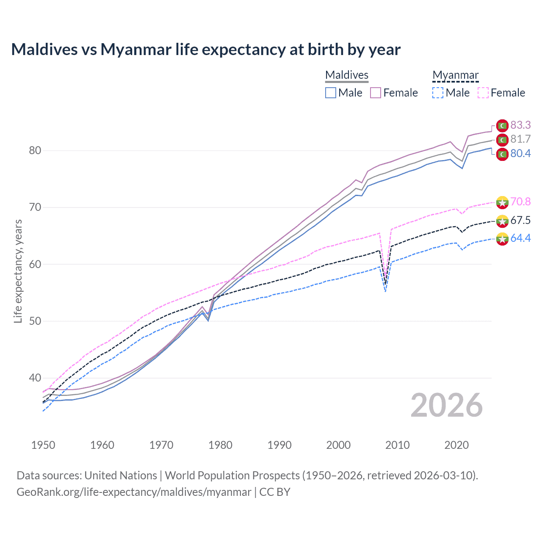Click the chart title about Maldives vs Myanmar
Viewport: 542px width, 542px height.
[x=206, y=50]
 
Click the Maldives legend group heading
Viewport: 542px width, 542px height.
[x=347, y=75]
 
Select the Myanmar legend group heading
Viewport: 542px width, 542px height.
[x=455, y=75]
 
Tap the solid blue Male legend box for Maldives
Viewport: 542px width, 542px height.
[x=331, y=93]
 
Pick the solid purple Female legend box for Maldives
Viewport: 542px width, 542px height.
[x=376, y=93]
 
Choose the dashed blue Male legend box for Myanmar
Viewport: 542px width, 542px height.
[x=438, y=93]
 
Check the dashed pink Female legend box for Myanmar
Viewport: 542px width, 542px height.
[x=483, y=93]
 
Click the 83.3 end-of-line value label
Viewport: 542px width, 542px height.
[x=520, y=125]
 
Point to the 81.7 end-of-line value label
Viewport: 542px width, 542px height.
[x=520, y=139]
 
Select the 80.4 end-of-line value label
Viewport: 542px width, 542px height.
[x=520, y=153]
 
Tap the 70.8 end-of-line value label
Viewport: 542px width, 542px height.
[x=520, y=202]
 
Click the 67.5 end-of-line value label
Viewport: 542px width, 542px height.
[x=520, y=220]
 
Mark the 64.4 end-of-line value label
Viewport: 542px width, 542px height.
[x=520, y=238]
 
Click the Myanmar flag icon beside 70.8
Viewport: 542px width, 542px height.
[x=502, y=202]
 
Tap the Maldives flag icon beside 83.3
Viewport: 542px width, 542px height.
[x=502, y=126]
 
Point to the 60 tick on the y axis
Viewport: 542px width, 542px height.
[x=35, y=264]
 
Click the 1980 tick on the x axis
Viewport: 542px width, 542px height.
[x=220, y=445]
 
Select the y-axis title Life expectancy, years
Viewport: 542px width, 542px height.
[x=18, y=271]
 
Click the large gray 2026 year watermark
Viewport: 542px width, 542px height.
[x=446, y=405]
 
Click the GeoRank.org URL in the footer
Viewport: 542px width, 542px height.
[x=134, y=492]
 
